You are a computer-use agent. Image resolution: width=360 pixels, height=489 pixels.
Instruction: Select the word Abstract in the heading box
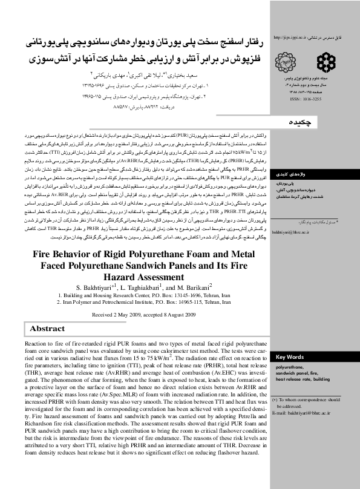(47, 329)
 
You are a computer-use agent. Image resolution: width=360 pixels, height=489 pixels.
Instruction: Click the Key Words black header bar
(313, 357)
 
